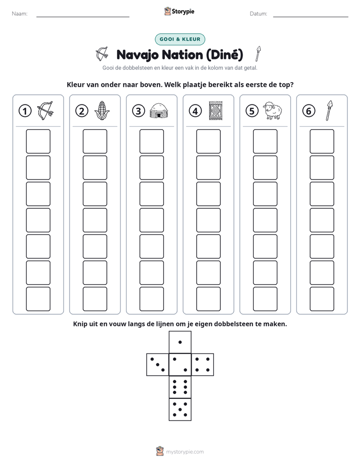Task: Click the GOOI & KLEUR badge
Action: (x=179, y=39)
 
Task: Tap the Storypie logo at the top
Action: (x=179, y=12)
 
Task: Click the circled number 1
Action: (x=25, y=111)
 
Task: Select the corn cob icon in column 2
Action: (x=102, y=110)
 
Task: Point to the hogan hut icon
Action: (x=159, y=111)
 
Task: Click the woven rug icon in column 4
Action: (x=216, y=111)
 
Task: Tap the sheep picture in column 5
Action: (x=272, y=110)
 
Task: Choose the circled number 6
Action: (x=309, y=111)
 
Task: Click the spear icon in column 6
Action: (x=329, y=110)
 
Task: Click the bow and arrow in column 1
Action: (x=45, y=110)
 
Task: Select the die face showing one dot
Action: (x=180, y=342)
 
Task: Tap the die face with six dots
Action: (x=180, y=387)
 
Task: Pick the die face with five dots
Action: (x=180, y=409)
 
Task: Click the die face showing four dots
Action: (x=202, y=365)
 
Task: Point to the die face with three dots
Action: (x=158, y=365)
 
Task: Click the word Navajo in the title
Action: (x=138, y=55)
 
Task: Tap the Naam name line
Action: (x=83, y=17)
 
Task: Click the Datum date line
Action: (x=311, y=17)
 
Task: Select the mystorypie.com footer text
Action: (x=185, y=452)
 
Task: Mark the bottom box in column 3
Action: (x=151, y=299)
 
